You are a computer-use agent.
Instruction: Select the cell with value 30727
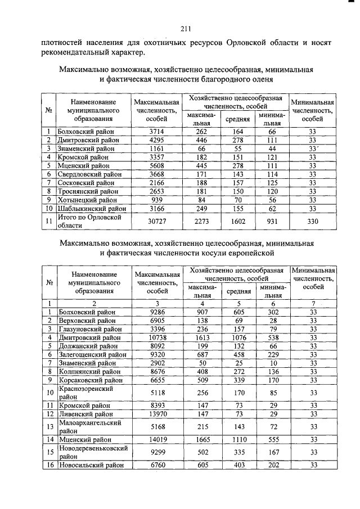pyautogui.click(x=156, y=221)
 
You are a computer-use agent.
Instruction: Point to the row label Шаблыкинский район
pyautogui.click(x=91, y=208)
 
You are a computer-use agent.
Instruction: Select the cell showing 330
pyautogui.click(x=313, y=221)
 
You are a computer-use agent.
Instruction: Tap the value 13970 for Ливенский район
pyautogui.click(x=156, y=413)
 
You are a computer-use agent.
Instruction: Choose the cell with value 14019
pyautogui.click(x=156, y=439)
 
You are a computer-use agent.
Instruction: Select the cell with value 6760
pyautogui.click(x=156, y=465)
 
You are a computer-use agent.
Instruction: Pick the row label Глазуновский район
pyautogui.click(x=89, y=329)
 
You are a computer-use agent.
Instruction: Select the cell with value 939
pyautogui.click(x=156, y=199)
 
